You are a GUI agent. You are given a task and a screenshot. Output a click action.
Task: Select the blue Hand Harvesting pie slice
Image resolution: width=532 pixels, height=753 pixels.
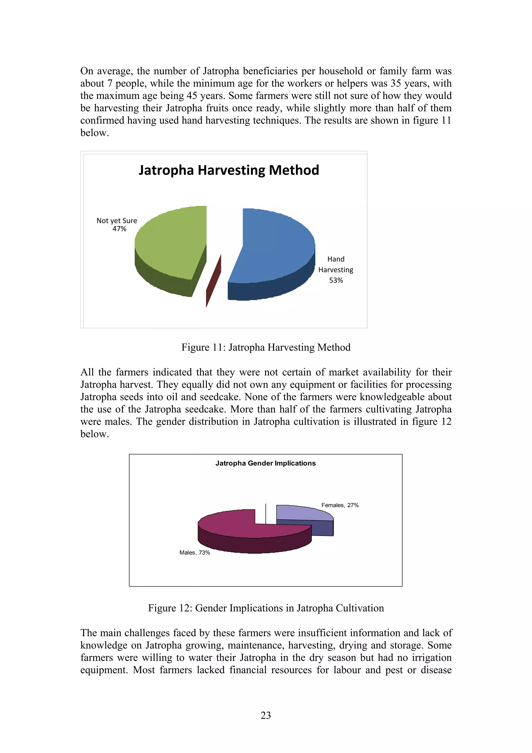pos(275,246)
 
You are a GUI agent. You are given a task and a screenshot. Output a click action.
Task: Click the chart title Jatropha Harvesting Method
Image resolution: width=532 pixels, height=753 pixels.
pos(229,170)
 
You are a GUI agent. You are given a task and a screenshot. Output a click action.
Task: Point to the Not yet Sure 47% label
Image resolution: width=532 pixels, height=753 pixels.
pos(117,225)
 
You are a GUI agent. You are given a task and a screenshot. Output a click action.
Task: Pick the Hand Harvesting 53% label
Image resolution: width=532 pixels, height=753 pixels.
pos(336,270)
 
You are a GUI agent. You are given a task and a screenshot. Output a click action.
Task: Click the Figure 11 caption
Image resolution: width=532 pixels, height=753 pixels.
pos(266,347)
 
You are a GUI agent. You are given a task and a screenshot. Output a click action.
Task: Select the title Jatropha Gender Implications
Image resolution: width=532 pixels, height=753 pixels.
pos(265,463)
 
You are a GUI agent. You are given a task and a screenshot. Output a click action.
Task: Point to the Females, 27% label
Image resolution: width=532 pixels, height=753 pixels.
pos(340,505)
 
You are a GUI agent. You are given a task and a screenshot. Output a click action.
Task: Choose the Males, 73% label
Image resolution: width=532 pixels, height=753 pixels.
pos(195,553)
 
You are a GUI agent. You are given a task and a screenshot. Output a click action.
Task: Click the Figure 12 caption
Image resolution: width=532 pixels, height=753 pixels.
pos(266,608)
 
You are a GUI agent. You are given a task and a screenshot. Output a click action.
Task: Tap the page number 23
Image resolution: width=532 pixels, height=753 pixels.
pos(266,715)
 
